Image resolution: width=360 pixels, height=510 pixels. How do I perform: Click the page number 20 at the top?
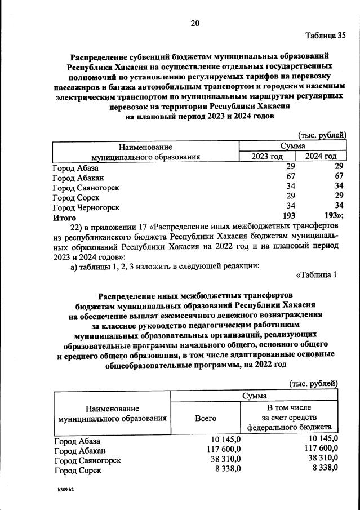pos(195,23)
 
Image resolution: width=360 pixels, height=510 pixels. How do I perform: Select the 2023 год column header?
pos(267,156)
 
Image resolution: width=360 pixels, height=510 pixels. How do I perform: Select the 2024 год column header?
pos(321,156)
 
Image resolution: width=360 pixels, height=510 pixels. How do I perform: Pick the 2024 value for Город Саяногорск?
pos(339,187)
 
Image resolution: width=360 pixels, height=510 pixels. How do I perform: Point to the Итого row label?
pos(64,216)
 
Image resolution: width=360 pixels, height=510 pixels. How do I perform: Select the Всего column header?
pos(206,418)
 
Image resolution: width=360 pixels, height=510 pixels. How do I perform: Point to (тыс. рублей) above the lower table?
pos(313,383)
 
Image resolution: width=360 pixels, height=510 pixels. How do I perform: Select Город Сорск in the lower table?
pos(77,469)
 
